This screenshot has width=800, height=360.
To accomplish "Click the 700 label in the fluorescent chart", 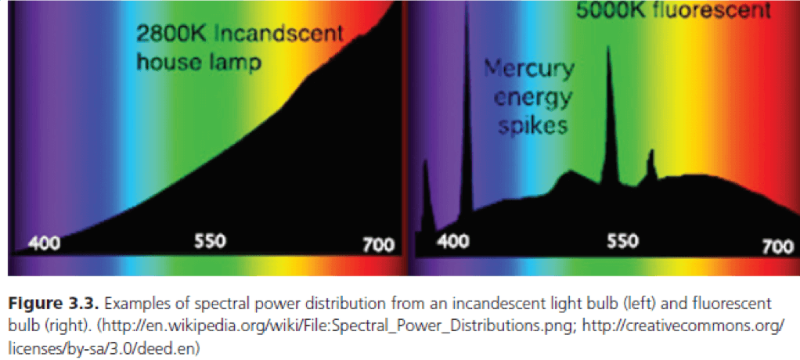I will click(777, 247).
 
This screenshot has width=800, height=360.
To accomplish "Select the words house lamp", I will click(199, 62).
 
